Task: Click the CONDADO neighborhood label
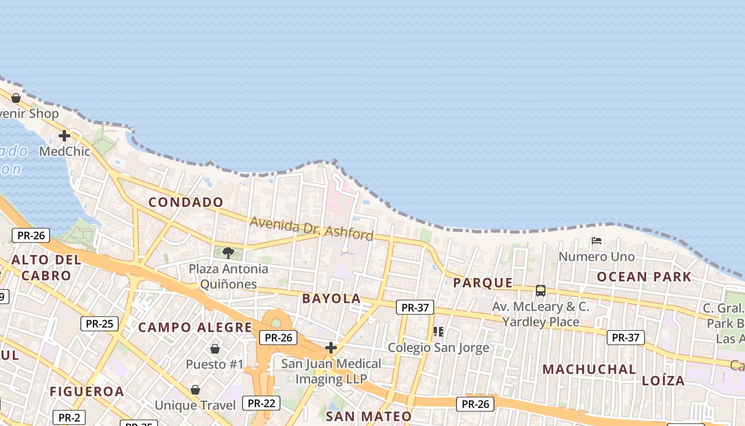(186, 202)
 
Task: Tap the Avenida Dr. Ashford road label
(311, 228)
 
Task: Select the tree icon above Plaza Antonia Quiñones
(228, 252)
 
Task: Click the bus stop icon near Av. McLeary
(541, 291)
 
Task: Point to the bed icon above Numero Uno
(597, 241)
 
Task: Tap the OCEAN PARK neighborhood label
(644, 277)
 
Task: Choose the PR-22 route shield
(261, 403)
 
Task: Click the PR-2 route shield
(69, 417)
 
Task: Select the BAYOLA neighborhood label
(332, 299)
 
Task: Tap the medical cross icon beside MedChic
(64, 136)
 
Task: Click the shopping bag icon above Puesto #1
(215, 349)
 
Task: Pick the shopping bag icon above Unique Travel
(195, 390)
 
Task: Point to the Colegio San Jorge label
(438, 348)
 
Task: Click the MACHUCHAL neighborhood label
(589, 369)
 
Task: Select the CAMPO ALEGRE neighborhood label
(195, 327)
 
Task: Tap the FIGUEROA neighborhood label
(87, 392)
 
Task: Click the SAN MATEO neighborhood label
(369, 416)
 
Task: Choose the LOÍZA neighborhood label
(663, 381)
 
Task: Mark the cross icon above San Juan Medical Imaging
(331, 348)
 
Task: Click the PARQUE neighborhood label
(483, 283)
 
